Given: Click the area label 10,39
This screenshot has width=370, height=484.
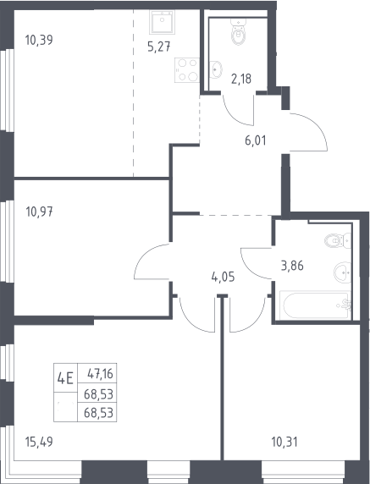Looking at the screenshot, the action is [39, 40].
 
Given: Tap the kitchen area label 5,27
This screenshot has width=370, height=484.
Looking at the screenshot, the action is [158, 47].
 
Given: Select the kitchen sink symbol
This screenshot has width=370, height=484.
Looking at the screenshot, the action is [162, 22].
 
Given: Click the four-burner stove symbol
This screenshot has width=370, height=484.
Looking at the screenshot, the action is [186, 70].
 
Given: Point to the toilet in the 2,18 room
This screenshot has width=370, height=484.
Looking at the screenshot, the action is [239, 30].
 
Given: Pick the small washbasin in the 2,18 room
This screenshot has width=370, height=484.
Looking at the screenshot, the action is [216, 69].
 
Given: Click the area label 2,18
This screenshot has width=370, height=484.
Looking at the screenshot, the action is [241, 79].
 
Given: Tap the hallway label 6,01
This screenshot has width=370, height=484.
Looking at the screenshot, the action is [255, 141].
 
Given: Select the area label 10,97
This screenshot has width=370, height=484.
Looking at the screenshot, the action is [39, 212].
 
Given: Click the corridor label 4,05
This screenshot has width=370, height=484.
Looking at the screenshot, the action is [223, 277].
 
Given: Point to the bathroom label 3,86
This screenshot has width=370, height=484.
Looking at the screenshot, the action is [292, 266].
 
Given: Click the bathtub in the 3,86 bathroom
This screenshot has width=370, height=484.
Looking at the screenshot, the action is [315, 305].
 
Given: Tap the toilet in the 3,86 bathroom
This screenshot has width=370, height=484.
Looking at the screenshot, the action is [338, 240].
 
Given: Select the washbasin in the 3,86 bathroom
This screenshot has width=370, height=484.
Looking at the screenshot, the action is [343, 272].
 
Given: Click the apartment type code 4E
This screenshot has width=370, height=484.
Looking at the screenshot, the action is [65, 378].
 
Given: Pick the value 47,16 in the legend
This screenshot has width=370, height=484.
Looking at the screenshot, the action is [101, 374].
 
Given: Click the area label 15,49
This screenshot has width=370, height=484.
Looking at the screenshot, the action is [39, 442].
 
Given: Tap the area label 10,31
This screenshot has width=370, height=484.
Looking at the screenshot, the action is [284, 442].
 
